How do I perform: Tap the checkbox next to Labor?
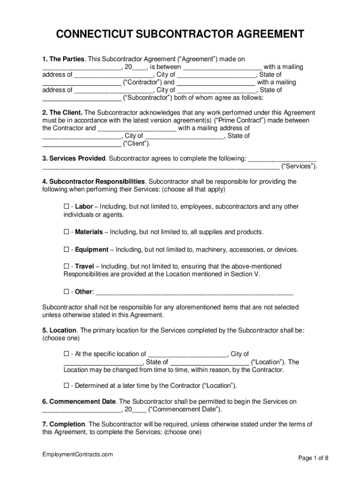click(x=66, y=207)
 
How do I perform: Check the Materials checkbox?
click(x=66, y=232)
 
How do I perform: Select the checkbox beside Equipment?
click(x=66, y=249)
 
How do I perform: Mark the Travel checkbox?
click(x=66, y=266)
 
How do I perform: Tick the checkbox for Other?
click(x=66, y=292)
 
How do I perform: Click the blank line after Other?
click(x=194, y=293)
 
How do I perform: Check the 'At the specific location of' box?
click(x=66, y=354)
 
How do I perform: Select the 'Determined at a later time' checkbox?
click(x=66, y=385)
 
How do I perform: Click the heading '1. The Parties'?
click(x=64, y=59)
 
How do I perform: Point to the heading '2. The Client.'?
click(x=62, y=113)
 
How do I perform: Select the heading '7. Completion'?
click(x=64, y=424)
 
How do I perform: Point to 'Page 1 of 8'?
click(x=313, y=458)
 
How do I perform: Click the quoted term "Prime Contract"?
click(x=241, y=120)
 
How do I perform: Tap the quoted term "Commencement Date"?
click(x=185, y=409)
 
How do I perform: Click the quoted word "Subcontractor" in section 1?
click(x=147, y=98)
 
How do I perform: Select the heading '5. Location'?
click(x=59, y=330)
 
